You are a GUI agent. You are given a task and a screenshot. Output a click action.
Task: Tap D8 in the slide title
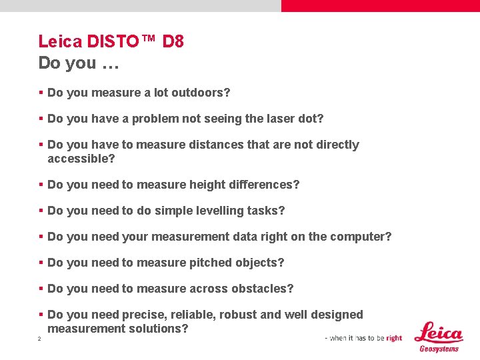pyautogui.click(x=173, y=41)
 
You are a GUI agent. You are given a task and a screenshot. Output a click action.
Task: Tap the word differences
pyautogui.click(x=265, y=184)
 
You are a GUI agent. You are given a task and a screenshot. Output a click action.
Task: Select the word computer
pyautogui.click(x=363, y=237)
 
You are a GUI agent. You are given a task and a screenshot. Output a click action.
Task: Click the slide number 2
pyautogui.click(x=39, y=339)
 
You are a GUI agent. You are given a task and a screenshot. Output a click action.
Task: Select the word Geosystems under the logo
pyautogui.click(x=439, y=349)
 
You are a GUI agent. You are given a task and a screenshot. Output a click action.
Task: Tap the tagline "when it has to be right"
pyautogui.click(x=363, y=338)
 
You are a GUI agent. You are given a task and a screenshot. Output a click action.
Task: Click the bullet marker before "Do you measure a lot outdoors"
pyautogui.click(x=41, y=93)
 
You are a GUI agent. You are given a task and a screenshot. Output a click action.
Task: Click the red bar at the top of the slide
pyautogui.click(x=380, y=5)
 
